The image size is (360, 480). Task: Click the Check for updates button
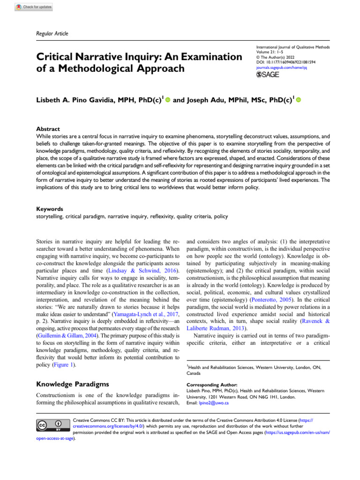(x=33, y=7)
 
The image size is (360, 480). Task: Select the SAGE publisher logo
(x=268, y=75)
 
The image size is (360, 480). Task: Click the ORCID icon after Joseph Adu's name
(x=298, y=100)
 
